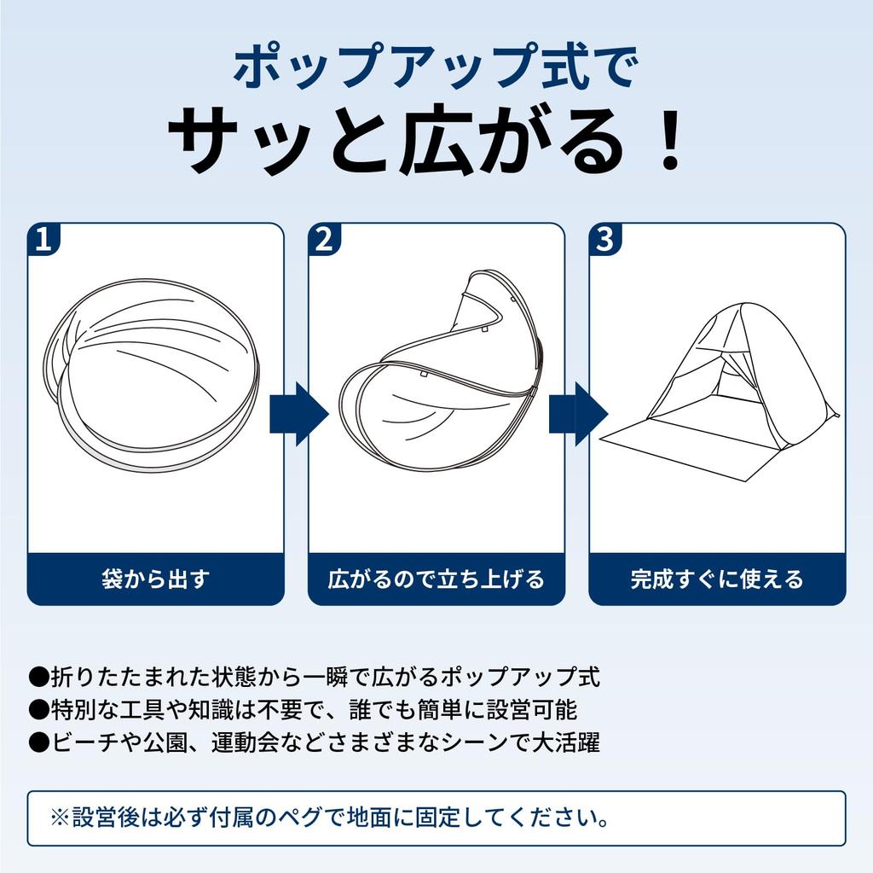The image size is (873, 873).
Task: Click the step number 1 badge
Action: [x=43, y=239]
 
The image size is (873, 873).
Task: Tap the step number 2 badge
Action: [x=323, y=239]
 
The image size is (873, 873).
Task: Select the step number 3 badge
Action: [x=604, y=239]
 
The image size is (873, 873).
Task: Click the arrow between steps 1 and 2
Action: [x=299, y=414]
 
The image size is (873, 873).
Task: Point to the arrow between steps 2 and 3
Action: [x=579, y=414]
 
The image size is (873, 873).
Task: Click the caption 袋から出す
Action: [x=156, y=579]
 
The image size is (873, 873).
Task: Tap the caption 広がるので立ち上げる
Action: [x=436, y=579]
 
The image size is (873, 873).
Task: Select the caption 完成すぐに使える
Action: [x=717, y=579]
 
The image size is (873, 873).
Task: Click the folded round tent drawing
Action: [x=152, y=375]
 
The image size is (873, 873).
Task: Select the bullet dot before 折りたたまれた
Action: [x=39, y=678]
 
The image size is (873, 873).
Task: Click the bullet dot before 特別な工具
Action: [x=39, y=710]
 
